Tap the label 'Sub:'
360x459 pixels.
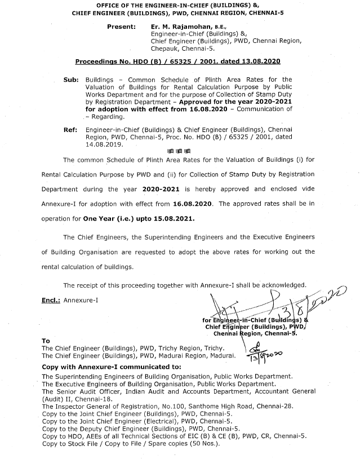(x=71, y=80)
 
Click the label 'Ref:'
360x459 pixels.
(x=70, y=130)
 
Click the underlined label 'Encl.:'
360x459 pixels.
(x=51, y=299)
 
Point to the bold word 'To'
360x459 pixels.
(x=46, y=341)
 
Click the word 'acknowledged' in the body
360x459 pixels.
(x=281, y=284)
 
